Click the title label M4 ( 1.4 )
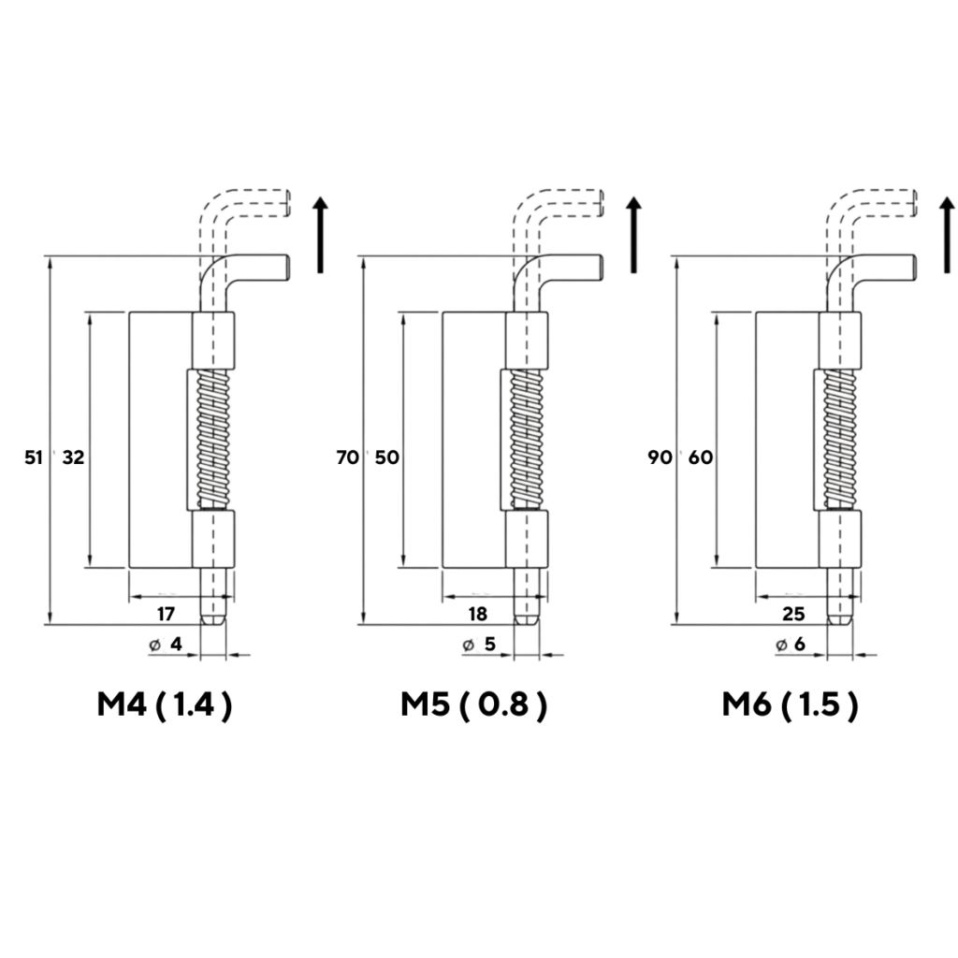tap(165, 705)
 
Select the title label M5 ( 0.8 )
tap(474, 705)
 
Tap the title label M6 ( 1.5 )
tap(791, 705)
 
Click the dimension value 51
tap(34, 457)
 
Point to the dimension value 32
tap(73, 457)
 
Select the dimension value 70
tap(348, 457)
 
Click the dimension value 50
tap(386, 457)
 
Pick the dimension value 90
tap(660, 457)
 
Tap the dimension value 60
tap(701, 457)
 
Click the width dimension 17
tap(167, 614)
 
